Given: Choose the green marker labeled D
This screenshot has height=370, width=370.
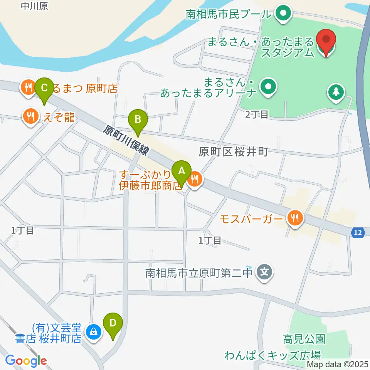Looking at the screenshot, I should point(113,323).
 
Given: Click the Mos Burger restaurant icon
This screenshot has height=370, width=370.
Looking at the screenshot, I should point(296,219).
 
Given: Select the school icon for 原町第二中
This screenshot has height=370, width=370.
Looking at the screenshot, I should point(265,272).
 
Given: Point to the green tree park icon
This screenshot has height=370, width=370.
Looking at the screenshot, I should point(336,92).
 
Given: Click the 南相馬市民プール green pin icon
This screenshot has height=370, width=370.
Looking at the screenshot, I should point(283,14).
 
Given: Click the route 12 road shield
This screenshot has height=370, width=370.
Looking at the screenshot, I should point(358,232).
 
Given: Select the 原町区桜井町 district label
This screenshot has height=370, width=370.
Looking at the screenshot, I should point(233,152).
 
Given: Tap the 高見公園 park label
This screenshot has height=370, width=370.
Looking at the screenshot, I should point(304,339).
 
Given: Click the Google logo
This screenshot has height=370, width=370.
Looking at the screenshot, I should point(26,361).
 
